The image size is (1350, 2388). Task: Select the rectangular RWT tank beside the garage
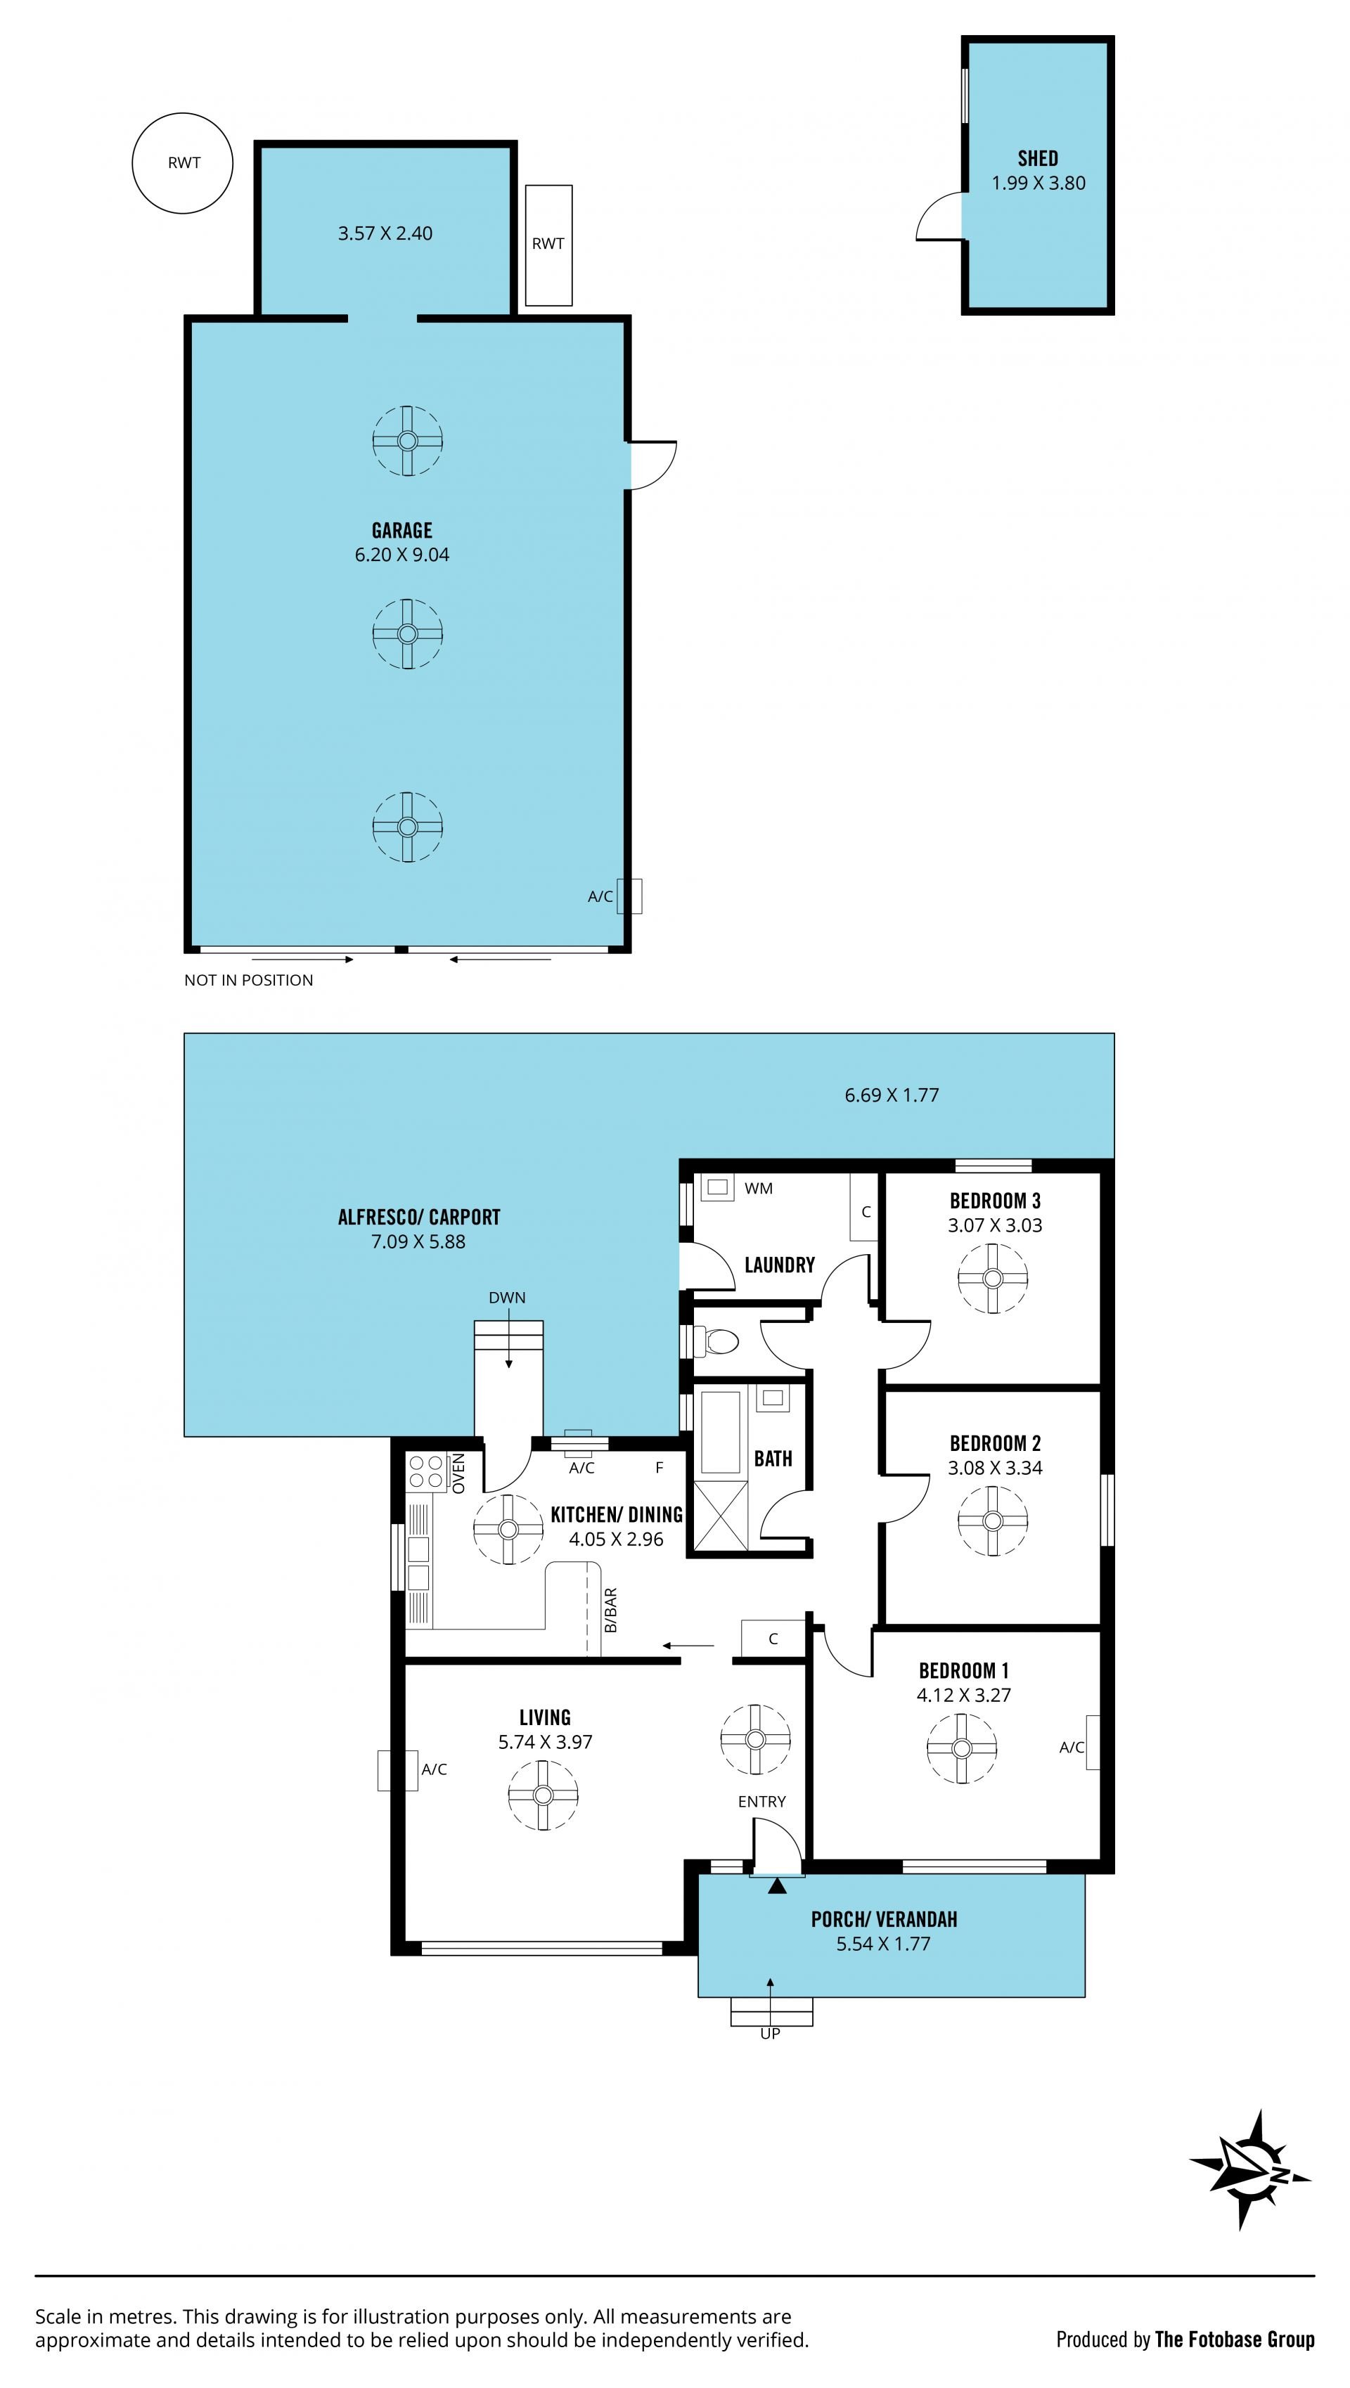click(548, 245)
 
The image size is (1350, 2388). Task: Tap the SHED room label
click(1038, 158)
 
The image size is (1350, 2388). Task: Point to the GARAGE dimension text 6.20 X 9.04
click(401, 555)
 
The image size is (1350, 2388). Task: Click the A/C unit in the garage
click(629, 896)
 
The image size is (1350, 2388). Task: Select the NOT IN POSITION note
click(248, 980)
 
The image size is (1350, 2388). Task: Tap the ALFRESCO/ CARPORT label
click(418, 1217)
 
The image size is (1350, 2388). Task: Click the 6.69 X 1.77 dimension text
click(891, 1095)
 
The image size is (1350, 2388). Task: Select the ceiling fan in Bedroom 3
click(992, 1279)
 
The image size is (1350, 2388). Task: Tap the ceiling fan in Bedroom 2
click(992, 1521)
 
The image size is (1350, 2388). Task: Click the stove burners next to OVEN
click(427, 1472)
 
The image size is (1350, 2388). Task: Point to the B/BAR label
click(610, 1611)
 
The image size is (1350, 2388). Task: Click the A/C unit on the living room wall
click(398, 1769)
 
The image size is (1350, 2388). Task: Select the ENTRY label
click(761, 1801)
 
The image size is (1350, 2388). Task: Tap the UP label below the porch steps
click(770, 2033)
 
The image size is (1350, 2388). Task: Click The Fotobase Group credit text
click(1234, 2339)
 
